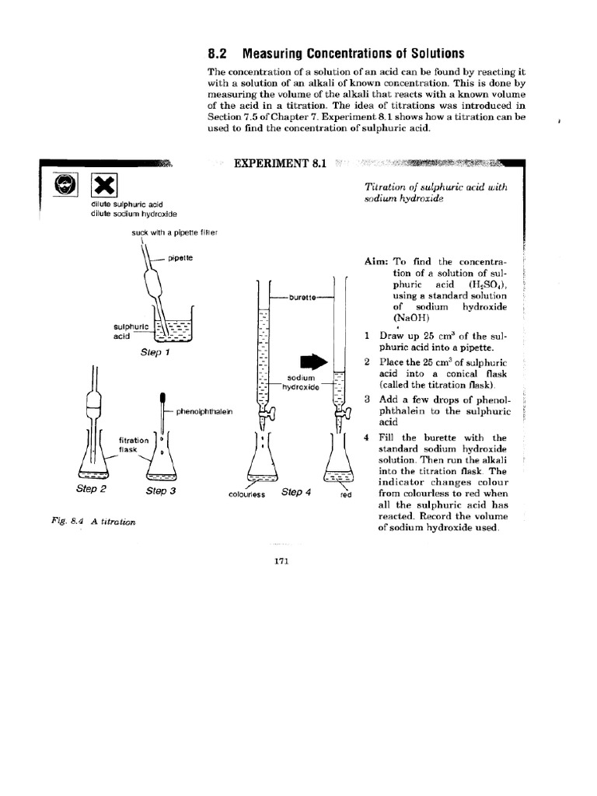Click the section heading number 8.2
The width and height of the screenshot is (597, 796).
click(220, 54)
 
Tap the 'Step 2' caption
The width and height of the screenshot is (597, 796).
click(91, 489)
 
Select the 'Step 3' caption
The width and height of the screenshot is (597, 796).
click(161, 491)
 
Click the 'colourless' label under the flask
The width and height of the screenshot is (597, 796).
click(247, 494)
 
